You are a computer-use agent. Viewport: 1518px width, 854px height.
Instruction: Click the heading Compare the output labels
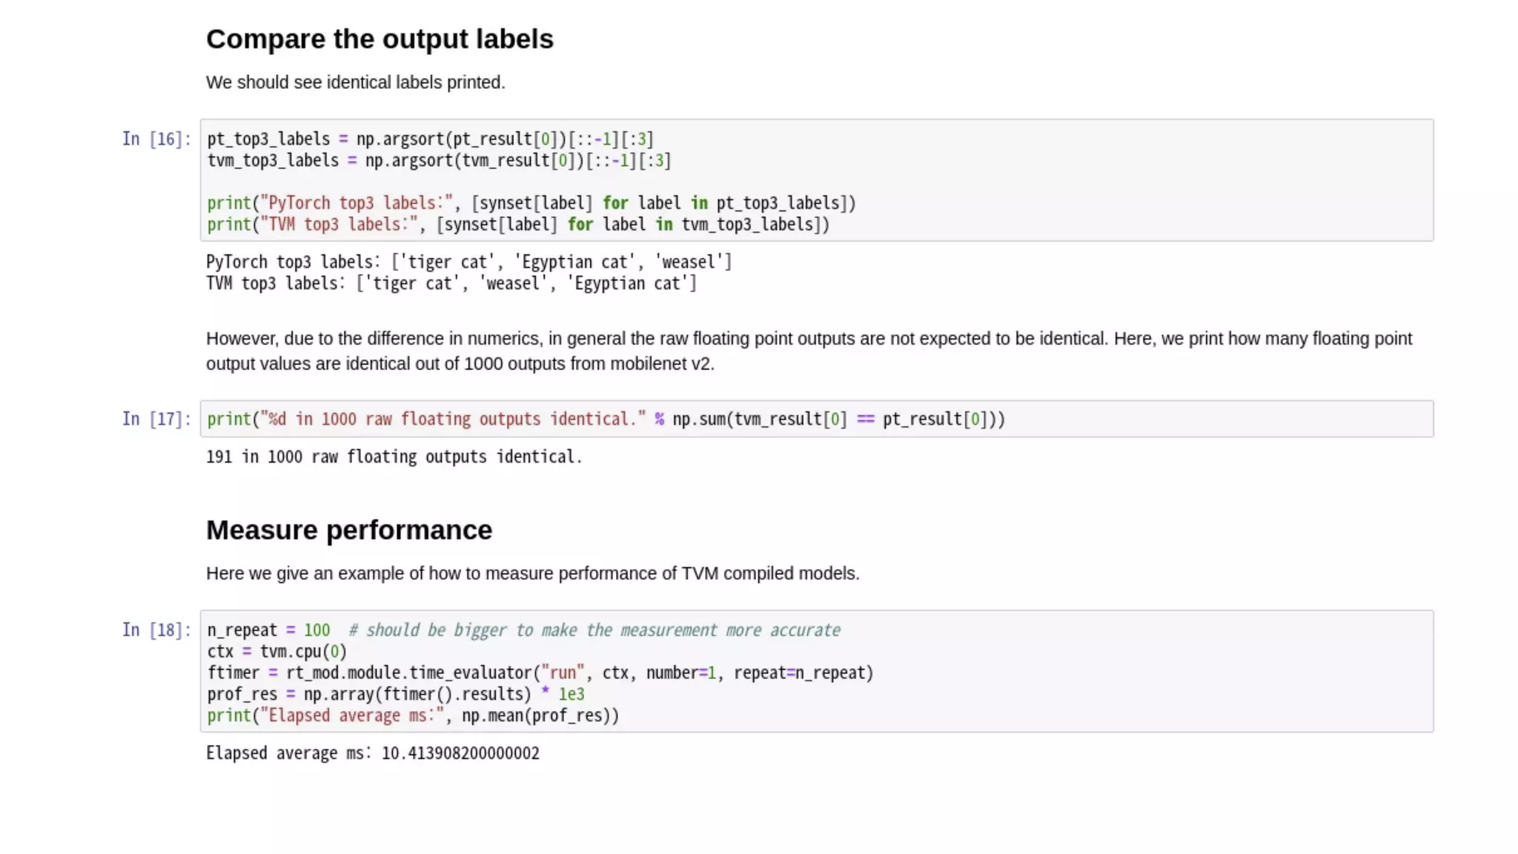point(379,39)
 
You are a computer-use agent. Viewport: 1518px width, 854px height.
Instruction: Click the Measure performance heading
point(348,530)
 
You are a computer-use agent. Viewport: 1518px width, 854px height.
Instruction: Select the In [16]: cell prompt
point(156,139)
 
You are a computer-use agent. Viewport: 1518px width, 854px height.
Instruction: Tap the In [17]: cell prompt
point(156,420)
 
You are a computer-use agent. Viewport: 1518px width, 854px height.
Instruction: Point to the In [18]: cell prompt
point(156,630)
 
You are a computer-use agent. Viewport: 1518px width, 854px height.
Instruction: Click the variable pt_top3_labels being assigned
point(268,139)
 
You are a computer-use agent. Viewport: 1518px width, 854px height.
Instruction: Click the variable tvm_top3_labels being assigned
point(273,161)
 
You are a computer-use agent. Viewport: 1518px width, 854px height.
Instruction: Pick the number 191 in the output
point(219,457)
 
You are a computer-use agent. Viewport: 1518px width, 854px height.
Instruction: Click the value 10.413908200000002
point(460,753)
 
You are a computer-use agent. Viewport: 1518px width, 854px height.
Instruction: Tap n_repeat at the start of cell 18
point(242,630)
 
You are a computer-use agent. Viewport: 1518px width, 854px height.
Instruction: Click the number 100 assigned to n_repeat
point(316,630)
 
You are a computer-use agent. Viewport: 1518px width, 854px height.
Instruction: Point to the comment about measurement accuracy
point(594,630)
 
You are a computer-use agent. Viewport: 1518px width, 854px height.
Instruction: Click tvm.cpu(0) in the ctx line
point(303,652)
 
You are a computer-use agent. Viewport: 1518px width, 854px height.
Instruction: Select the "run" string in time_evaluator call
point(563,673)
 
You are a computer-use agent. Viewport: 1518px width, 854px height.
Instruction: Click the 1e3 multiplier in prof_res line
point(571,695)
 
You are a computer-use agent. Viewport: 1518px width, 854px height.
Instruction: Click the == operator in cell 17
point(865,420)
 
